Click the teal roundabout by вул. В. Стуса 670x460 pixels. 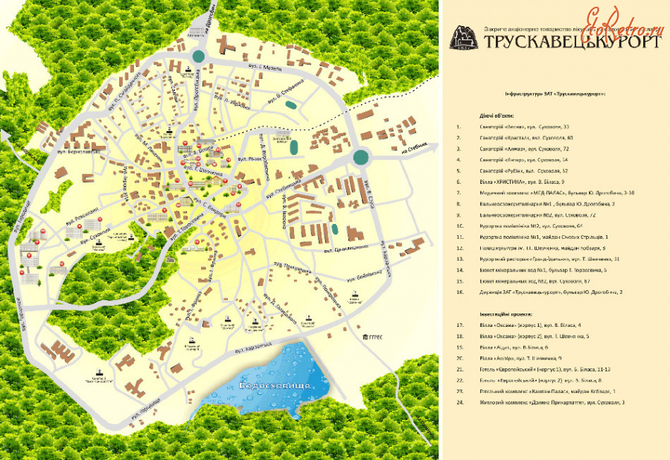click(361, 157)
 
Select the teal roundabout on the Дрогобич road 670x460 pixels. click(199, 56)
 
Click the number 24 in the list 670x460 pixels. click(460, 402)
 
